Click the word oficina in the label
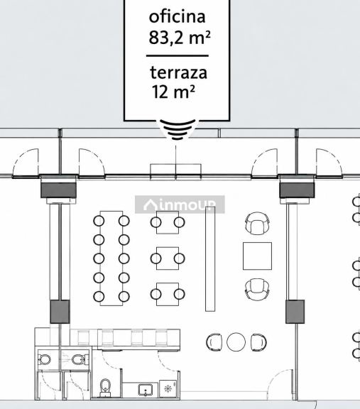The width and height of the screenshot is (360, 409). coord(177,17)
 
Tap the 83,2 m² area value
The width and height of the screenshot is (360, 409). coord(180,38)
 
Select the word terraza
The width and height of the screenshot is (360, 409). coord(179,72)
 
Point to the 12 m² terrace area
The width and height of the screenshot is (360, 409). coord(173,92)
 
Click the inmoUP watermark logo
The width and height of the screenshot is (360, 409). coord(180,204)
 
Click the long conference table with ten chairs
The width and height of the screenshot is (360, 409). coord(111,258)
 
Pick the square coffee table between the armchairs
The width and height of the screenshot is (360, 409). coord(257,256)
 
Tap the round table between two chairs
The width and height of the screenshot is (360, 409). coord(236,342)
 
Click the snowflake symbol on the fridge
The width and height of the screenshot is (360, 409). coord(167,389)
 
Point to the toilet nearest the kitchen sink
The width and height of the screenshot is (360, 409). coord(105,388)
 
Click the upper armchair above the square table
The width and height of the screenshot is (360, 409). coord(257,223)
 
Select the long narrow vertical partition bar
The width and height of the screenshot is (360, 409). coord(210,259)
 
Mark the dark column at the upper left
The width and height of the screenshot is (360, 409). coord(58,190)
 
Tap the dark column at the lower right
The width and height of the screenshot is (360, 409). coord(295,312)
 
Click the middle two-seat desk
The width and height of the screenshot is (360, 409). coord(168,258)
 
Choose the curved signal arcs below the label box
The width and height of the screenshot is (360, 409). coord(178,130)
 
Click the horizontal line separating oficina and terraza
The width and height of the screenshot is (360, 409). coord(178,55)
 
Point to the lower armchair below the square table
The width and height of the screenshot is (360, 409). coord(257,289)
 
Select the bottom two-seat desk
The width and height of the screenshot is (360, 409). coord(168,294)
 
